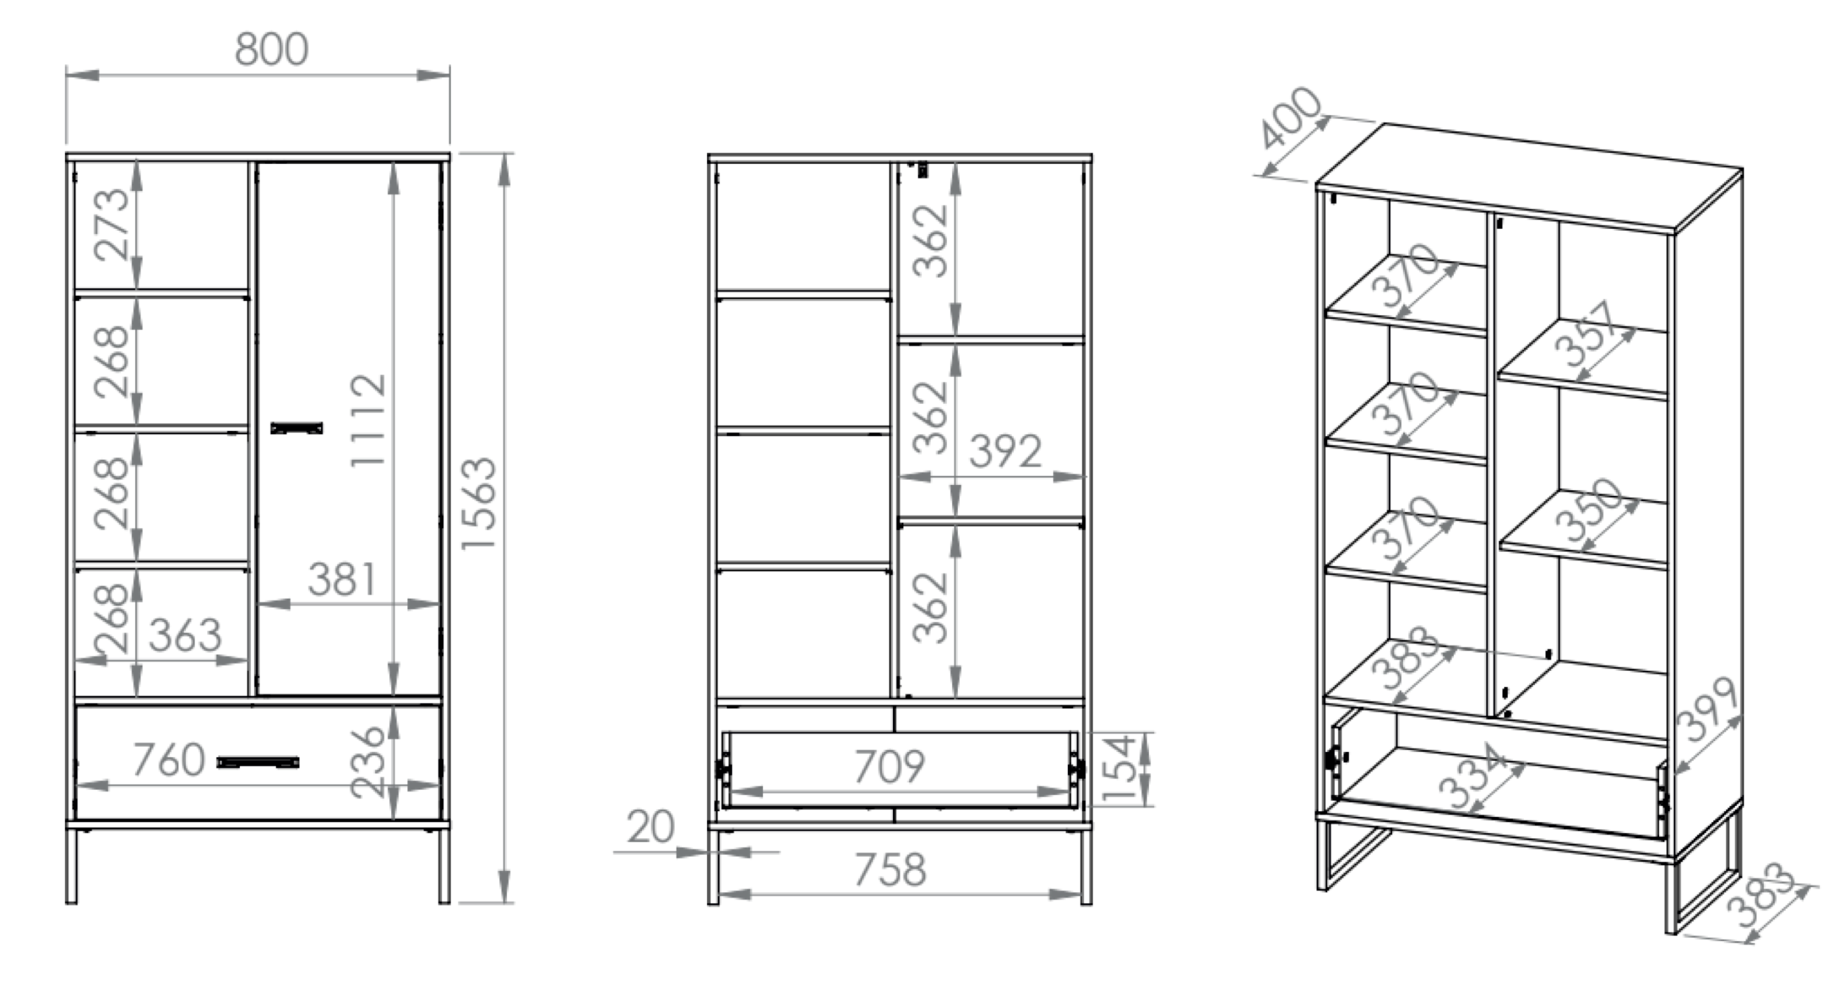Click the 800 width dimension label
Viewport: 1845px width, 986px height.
point(272,49)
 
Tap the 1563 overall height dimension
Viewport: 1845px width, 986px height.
point(478,503)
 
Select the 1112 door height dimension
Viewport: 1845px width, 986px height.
point(368,420)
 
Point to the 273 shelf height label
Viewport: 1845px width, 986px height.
point(112,224)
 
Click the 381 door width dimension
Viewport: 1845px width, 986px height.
point(342,579)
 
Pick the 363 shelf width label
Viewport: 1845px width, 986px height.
point(185,635)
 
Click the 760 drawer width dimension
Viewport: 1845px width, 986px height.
point(169,759)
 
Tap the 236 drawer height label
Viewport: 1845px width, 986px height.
point(368,762)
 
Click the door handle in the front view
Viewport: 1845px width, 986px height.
point(297,428)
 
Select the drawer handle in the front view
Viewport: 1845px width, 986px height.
point(258,762)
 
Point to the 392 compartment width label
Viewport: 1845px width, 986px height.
point(1005,451)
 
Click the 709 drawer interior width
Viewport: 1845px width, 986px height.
point(889,767)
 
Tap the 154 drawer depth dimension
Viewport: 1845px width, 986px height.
point(1120,767)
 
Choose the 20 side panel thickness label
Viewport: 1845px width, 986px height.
point(650,827)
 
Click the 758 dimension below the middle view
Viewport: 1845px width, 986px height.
point(890,870)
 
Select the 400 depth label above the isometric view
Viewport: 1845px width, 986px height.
point(1289,118)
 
